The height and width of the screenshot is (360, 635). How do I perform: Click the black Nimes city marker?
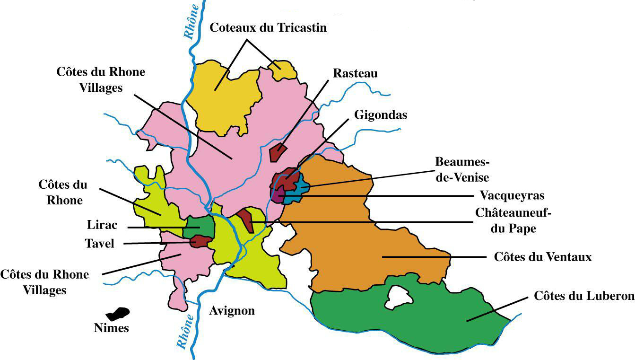[117, 314]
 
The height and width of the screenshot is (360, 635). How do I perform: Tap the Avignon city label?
[232, 311]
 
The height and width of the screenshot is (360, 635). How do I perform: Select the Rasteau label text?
[355, 73]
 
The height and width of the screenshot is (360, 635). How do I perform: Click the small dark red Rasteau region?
[276, 153]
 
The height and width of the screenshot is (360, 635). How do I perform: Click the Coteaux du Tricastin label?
[268, 28]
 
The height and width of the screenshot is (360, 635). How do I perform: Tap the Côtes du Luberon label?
[583, 296]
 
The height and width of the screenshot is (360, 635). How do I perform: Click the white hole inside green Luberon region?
[397, 298]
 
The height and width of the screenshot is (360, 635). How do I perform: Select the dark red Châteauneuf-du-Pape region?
[246, 219]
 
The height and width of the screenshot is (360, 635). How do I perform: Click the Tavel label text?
[100, 243]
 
